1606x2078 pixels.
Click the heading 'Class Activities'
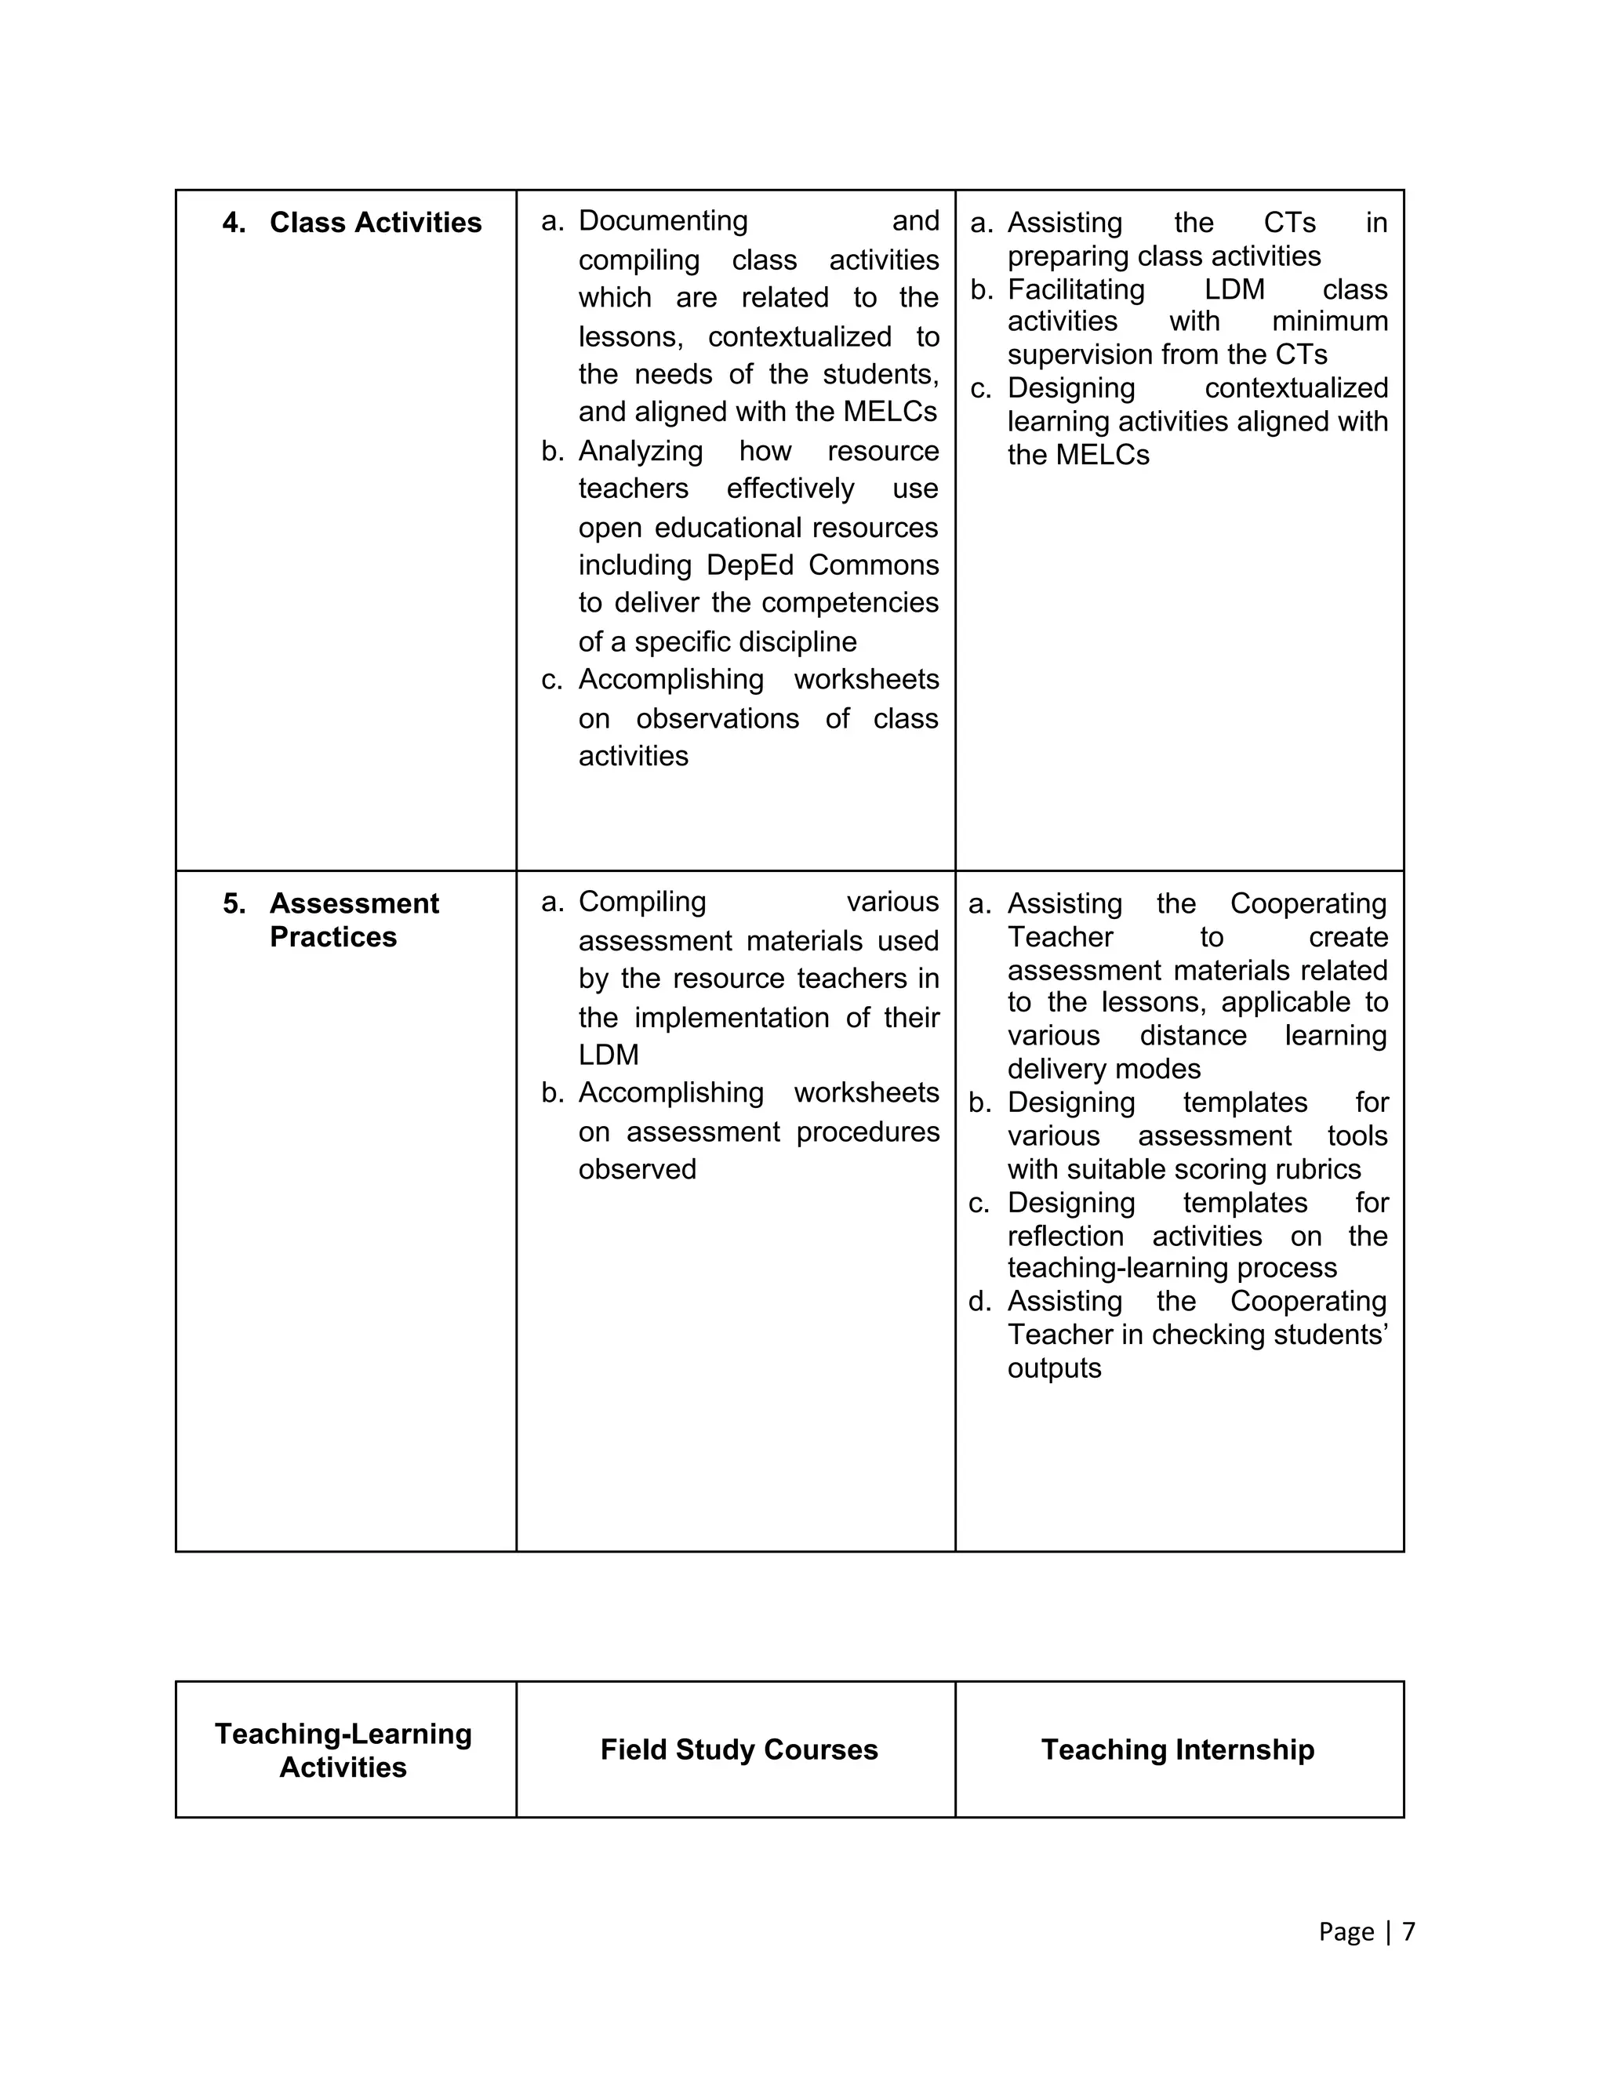click(x=375, y=223)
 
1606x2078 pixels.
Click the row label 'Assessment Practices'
click(x=354, y=919)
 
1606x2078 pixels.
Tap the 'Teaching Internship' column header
click(x=1177, y=1749)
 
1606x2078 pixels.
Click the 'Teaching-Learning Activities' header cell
click(x=343, y=1749)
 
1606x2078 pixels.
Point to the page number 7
click(x=1408, y=1931)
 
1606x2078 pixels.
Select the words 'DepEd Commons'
click(x=822, y=565)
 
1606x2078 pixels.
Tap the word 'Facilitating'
click(x=1075, y=289)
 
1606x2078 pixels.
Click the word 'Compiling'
click(x=641, y=902)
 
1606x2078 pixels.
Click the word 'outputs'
click(x=1053, y=1368)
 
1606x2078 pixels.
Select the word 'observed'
click(x=637, y=1169)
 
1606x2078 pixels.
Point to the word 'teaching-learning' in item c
click(x=1110, y=1268)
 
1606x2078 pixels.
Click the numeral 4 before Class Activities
click(x=233, y=223)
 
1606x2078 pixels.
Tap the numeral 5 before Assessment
click(x=233, y=904)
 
